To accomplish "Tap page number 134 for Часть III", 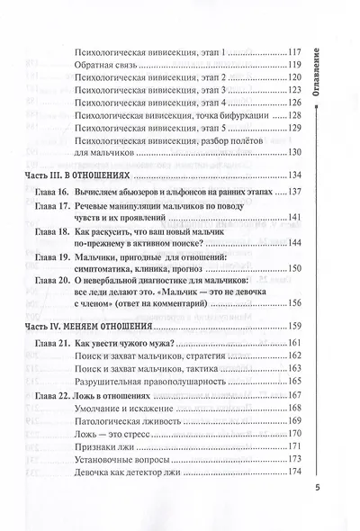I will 295,175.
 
